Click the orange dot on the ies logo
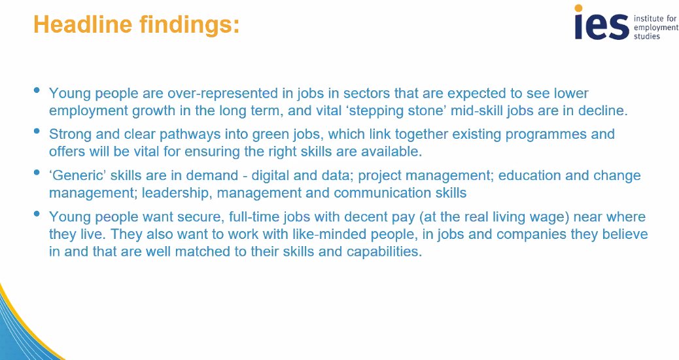point(579,9)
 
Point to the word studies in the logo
point(647,36)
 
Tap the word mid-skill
point(484,110)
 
